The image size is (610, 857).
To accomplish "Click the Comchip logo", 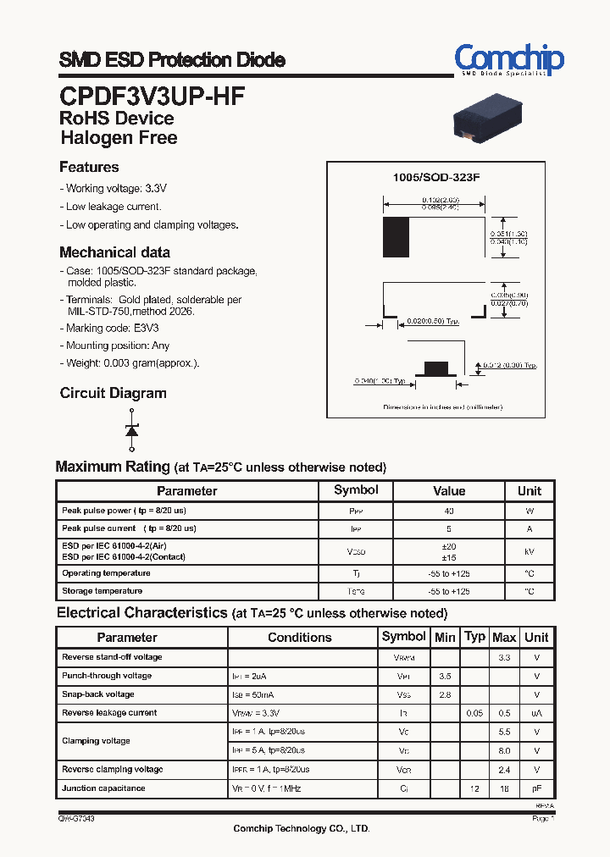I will tap(508, 60).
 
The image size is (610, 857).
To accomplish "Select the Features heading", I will tap(89, 167).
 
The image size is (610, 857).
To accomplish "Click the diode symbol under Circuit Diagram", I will tap(131, 428).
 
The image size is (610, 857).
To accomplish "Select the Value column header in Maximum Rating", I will tap(449, 491).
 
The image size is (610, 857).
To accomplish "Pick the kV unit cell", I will tap(530, 551).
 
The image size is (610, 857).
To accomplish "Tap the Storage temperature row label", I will tap(102, 591).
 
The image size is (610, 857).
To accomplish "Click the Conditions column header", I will tap(300, 638).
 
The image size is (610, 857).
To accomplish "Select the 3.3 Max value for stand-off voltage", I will tap(504, 657).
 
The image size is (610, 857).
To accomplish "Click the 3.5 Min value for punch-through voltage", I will tap(445, 676).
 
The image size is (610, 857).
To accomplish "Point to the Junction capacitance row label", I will tap(103, 788).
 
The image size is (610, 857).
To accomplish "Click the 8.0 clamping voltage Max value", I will tap(504, 750).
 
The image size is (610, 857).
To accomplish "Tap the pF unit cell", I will tap(536, 788).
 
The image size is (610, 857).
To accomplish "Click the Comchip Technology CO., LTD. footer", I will tap(302, 829).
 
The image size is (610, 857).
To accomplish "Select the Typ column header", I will tap(475, 637).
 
